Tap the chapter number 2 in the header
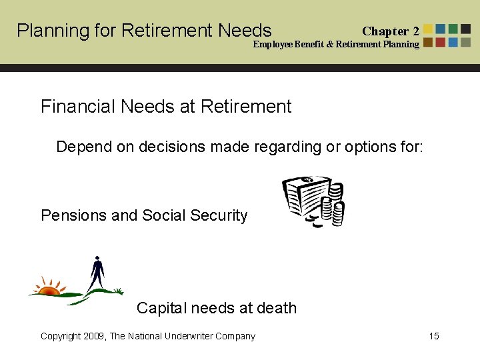point(415,31)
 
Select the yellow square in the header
point(428,29)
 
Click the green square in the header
point(453,29)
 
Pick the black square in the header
point(465,29)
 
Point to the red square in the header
point(441,42)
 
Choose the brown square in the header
point(428,42)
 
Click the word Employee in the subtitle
point(273,45)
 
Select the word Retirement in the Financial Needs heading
point(245,107)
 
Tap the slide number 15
point(434,336)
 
